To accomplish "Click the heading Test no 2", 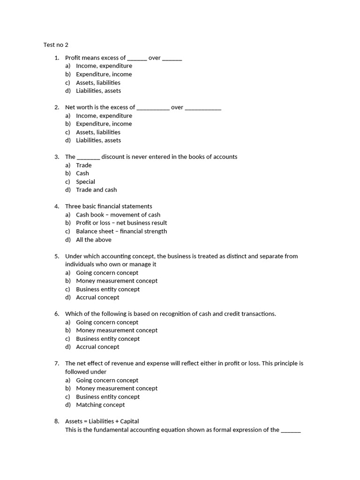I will (x=56, y=45).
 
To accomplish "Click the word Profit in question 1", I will (x=73, y=58).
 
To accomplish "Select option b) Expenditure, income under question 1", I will (x=104, y=74).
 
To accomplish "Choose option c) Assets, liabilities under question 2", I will (x=98, y=132).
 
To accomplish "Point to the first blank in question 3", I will (x=88, y=157).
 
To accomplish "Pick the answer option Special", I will (x=85, y=182).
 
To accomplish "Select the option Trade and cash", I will (x=96, y=190).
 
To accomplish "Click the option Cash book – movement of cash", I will (x=118, y=215).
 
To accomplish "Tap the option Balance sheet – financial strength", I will (x=121, y=231).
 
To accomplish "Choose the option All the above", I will (x=94, y=240).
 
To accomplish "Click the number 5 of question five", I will (x=56, y=256).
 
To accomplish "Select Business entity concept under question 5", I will (x=107, y=289).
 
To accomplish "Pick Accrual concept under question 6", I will (x=97, y=347).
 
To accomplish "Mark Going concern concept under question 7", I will (x=107, y=380).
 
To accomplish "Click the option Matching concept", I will (x=100, y=405).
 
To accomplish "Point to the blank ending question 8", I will (x=291, y=430).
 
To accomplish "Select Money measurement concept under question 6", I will (x=116, y=330).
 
